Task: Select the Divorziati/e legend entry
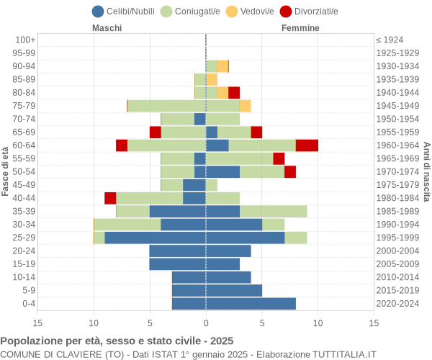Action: click(x=310, y=12)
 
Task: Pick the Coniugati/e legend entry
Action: click(x=190, y=12)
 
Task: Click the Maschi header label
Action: click(x=107, y=28)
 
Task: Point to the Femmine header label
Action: click(x=300, y=28)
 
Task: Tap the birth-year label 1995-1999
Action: click(x=397, y=238)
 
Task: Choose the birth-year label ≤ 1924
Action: click(x=390, y=40)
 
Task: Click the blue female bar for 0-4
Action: click(x=251, y=304)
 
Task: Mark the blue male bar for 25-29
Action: click(x=155, y=238)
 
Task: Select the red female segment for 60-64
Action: click(x=307, y=145)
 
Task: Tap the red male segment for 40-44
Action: click(x=110, y=198)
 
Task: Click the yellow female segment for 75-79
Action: click(x=245, y=106)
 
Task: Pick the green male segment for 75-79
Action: click(x=166, y=106)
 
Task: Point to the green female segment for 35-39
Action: click(x=274, y=211)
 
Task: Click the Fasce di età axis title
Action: click(x=6, y=171)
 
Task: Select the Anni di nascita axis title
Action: click(x=426, y=171)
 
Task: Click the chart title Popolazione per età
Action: click(x=117, y=341)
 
